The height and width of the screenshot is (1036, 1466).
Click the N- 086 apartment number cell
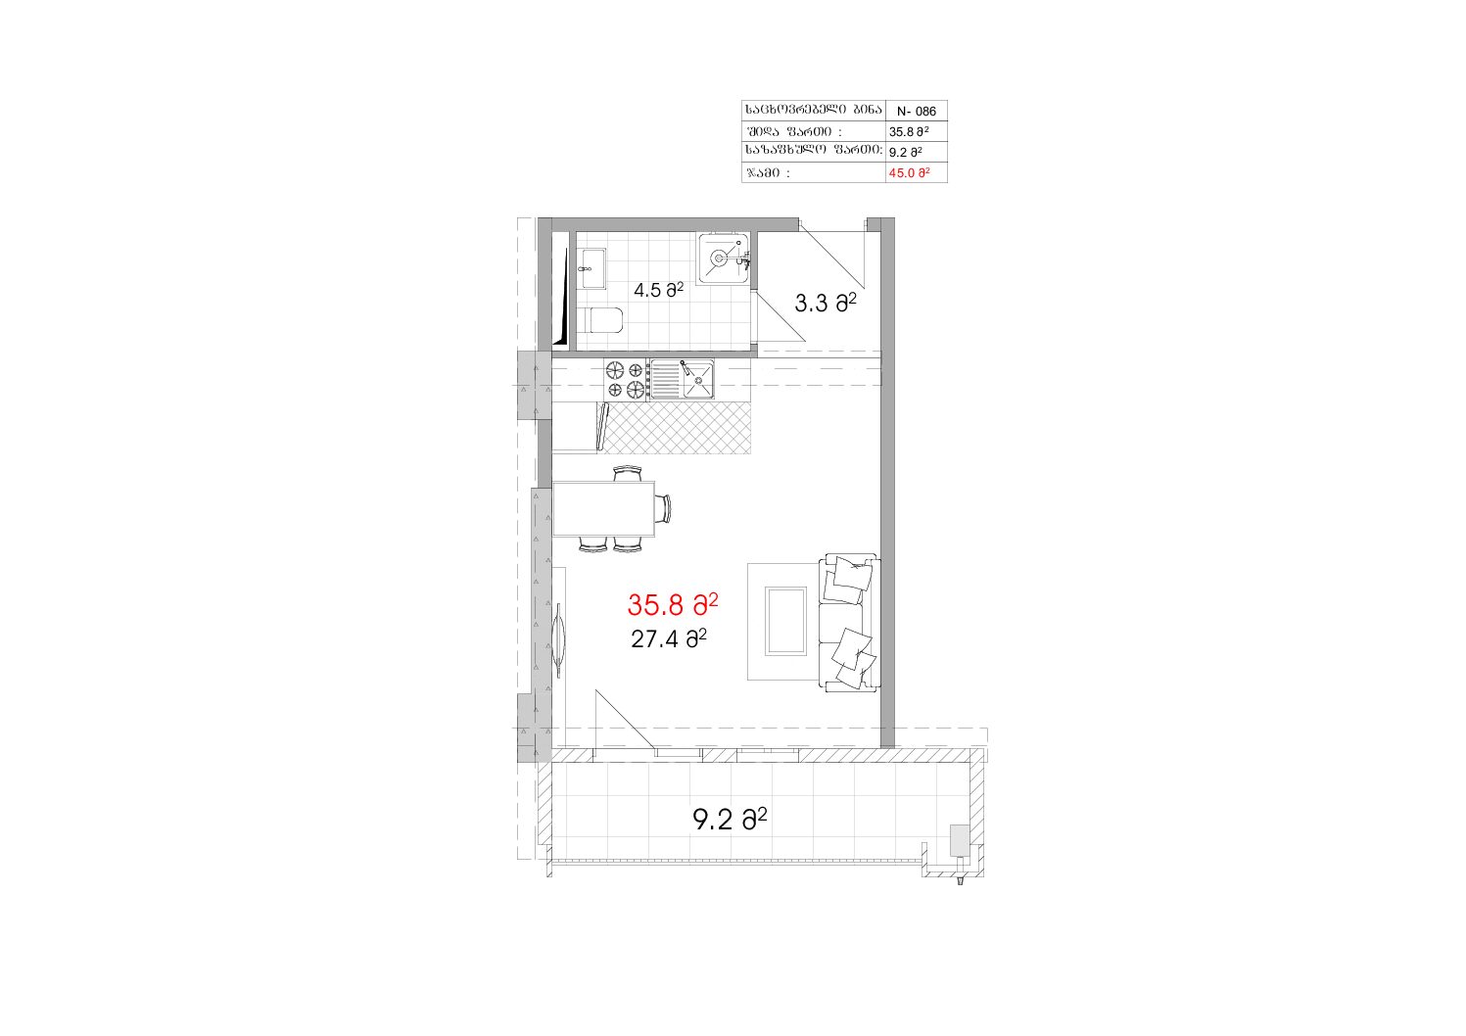(917, 112)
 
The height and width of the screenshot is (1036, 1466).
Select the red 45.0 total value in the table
(909, 173)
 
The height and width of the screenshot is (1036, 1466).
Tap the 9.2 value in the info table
(906, 152)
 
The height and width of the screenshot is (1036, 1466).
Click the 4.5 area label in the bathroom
(658, 289)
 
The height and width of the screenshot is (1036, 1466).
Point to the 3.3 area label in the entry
(826, 303)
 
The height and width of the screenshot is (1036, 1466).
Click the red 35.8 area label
(672, 605)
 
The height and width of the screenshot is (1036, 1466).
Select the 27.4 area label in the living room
(668, 638)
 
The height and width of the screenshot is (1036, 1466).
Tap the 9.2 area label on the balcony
(730, 819)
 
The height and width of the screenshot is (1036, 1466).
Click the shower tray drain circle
(719, 259)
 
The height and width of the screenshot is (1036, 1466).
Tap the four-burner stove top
(626, 380)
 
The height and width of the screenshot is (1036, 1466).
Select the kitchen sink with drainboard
(682, 380)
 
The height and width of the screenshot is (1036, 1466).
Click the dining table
(603, 508)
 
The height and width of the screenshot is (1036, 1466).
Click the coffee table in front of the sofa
(785, 621)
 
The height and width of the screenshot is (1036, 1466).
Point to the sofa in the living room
(848, 623)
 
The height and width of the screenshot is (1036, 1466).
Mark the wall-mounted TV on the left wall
(559, 639)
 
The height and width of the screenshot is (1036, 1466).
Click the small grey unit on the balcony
(960, 840)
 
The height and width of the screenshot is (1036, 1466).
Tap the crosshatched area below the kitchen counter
(677, 428)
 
